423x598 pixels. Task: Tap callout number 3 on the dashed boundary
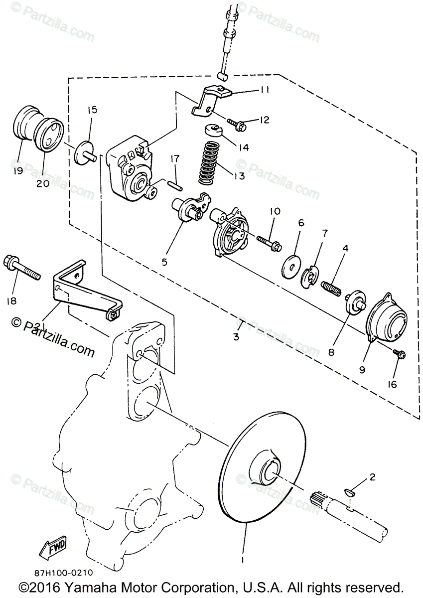click(x=236, y=336)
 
